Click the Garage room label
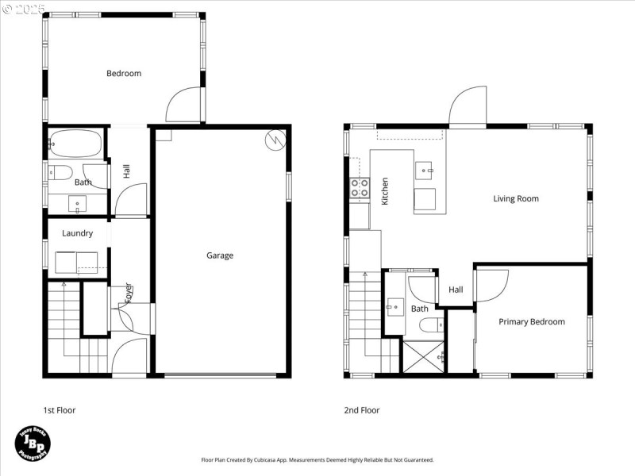220,255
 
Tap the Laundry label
77,233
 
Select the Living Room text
516,198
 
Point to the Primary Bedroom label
532,321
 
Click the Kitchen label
385,191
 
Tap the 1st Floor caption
60,410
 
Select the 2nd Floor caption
362,410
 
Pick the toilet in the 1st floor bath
61,173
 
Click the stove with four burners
359,188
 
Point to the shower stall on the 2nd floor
422,356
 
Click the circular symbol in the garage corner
275,140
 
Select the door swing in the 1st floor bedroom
185,104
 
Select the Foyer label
128,293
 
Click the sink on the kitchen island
425,168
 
